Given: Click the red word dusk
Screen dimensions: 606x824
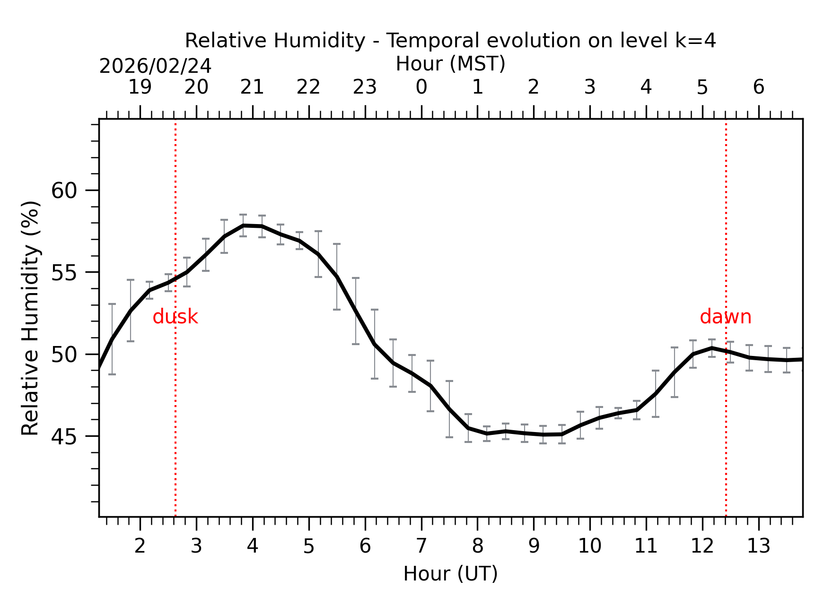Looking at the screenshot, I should (175, 317).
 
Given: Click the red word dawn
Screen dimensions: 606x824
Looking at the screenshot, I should (725, 317).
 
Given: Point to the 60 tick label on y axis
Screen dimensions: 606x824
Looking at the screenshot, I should (64, 191).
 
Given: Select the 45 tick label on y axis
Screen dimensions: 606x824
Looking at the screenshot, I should (64, 437).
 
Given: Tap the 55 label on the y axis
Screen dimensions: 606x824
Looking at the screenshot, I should (64, 273).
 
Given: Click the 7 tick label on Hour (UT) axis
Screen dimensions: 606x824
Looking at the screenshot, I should (421, 546).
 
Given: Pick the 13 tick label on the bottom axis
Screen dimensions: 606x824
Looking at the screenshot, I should (758, 546).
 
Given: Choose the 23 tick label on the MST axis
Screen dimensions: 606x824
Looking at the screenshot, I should (365, 87).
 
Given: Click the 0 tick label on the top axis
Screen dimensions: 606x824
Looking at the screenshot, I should (421, 87).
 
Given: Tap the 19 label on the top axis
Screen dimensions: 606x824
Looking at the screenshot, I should (140, 87).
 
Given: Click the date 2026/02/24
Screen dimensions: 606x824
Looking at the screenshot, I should (155, 66).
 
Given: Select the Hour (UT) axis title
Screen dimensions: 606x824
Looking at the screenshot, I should (450, 574).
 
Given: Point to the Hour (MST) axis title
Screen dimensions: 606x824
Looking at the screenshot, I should (450, 64).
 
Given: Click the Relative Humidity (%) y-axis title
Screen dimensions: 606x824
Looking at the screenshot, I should (30, 318).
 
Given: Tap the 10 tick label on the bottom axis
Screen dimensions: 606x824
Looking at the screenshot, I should (589, 546).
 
